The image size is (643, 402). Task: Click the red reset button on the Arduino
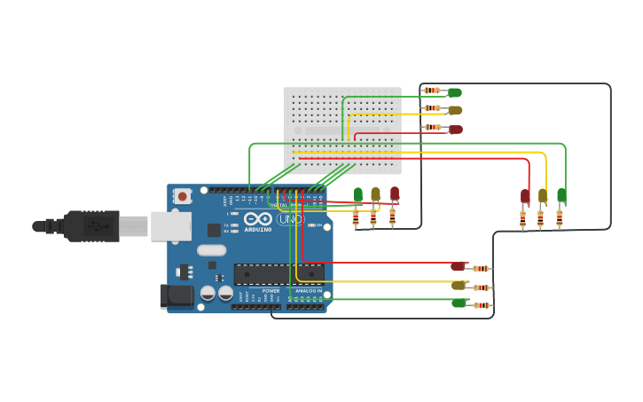click(x=182, y=196)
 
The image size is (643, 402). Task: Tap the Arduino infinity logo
click(x=258, y=217)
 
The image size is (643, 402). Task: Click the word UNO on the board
click(x=290, y=218)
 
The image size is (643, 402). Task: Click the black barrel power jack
click(x=176, y=296)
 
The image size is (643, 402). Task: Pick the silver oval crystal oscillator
click(x=212, y=250)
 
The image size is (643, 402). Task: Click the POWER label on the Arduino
click(x=271, y=291)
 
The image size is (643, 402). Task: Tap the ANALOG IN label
click(x=308, y=291)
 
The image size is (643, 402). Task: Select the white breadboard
click(x=342, y=130)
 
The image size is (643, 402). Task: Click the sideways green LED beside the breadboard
click(x=455, y=92)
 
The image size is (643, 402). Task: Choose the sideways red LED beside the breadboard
click(x=456, y=130)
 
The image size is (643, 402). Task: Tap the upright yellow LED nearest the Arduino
click(x=375, y=194)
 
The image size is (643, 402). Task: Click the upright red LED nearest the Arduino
click(x=395, y=193)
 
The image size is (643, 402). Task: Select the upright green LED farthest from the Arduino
click(x=561, y=194)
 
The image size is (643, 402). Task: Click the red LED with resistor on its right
click(x=458, y=266)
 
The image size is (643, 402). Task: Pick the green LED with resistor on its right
click(x=459, y=303)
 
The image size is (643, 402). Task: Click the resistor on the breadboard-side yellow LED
click(x=432, y=109)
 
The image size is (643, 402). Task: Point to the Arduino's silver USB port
click(x=170, y=226)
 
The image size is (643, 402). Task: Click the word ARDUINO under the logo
click(x=258, y=229)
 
